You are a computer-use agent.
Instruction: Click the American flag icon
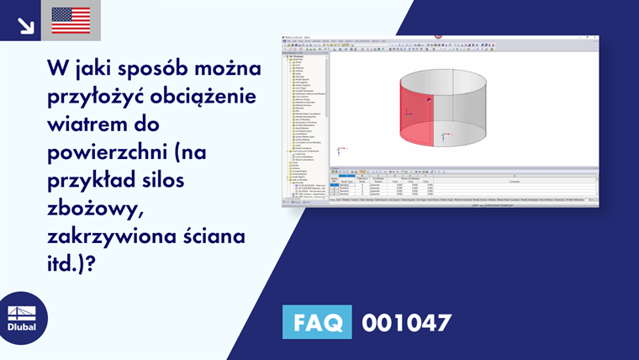pos(71,20)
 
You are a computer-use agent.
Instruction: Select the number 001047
pos(406,322)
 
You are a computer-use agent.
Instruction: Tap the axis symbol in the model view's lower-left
pos(339,151)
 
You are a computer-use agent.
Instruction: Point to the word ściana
pos(215,237)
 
